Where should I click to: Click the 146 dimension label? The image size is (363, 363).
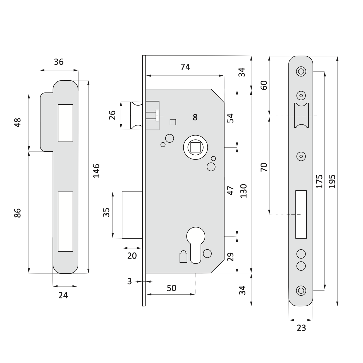(96, 171)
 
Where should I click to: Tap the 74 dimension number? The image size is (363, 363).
(185, 67)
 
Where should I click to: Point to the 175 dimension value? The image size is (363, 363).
(319, 181)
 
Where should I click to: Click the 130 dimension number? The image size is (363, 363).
(243, 191)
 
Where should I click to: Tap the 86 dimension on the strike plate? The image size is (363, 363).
(18, 213)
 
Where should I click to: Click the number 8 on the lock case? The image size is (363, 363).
(195, 117)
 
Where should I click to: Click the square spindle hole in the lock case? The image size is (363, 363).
(195, 147)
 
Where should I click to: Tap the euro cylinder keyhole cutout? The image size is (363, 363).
(196, 245)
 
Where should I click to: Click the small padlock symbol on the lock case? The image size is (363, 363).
(183, 256)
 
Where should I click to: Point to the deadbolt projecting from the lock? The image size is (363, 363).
(132, 215)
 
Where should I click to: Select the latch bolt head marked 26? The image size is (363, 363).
(136, 116)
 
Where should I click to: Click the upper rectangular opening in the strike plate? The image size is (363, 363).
(65, 123)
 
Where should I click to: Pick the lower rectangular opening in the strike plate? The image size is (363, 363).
(65, 221)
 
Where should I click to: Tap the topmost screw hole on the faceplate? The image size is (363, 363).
(301, 71)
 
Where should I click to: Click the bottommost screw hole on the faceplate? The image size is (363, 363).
(301, 290)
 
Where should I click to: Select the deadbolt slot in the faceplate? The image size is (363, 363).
(301, 214)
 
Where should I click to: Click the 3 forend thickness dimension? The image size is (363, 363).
(129, 281)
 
